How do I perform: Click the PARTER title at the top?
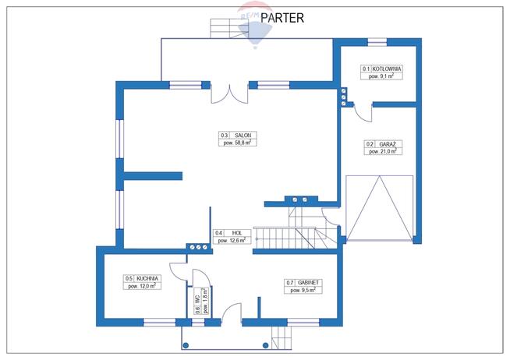(282, 16)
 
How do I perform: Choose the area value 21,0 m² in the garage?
(382, 152)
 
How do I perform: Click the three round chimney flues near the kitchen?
(199, 248)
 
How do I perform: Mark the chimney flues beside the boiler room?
(342, 98)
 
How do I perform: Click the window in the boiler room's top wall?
(377, 41)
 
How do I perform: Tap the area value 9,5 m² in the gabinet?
(300, 290)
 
